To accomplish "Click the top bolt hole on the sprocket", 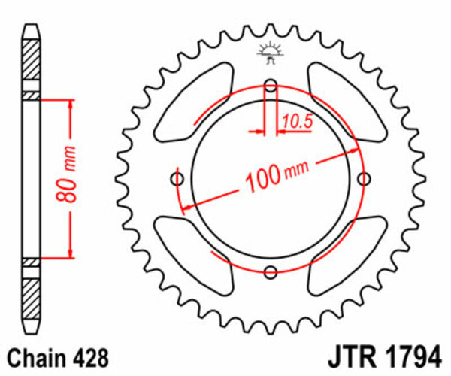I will click(271, 84).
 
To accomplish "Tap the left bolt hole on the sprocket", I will click(178, 179).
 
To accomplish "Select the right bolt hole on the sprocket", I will click(365, 179).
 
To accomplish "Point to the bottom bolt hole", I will click(271, 272).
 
